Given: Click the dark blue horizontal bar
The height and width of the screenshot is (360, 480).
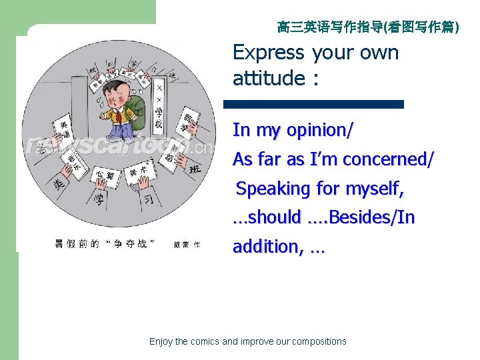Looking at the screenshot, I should point(313,104).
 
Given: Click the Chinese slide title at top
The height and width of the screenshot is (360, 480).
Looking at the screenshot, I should point(368,27).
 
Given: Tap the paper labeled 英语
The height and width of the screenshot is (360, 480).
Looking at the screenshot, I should point(64,127).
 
